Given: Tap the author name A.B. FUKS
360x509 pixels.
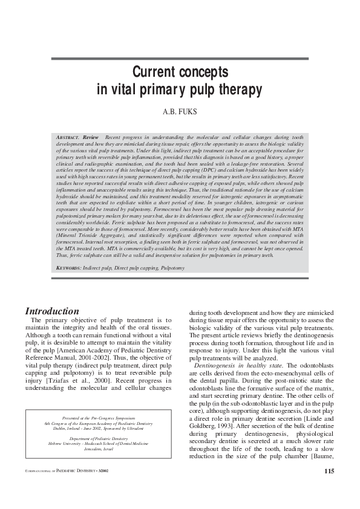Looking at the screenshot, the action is point(180,112).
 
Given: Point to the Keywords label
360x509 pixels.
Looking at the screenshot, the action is point(68,267).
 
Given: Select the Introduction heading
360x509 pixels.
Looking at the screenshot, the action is point(52,311).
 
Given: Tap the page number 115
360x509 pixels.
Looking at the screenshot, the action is point(329,488).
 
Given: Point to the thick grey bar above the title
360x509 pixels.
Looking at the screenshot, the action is point(180,59).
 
